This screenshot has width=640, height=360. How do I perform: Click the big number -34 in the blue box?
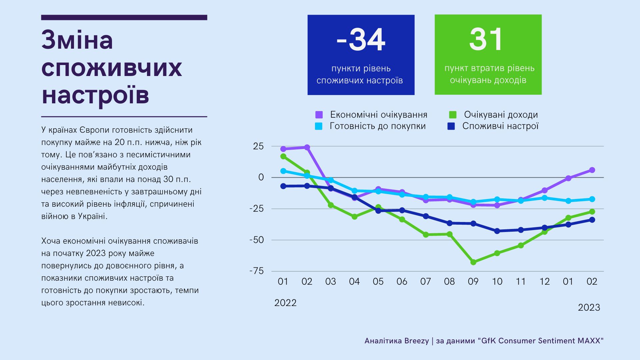click(361, 40)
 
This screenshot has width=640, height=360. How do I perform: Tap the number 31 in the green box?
click(486, 40)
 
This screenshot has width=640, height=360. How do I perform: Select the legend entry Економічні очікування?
click(378, 115)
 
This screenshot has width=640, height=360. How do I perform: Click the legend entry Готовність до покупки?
click(377, 126)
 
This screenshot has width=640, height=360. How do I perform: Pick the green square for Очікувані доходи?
click(452, 115)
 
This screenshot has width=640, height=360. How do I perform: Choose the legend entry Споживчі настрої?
click(500, 126)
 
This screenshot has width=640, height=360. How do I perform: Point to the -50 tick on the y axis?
click(257, 240)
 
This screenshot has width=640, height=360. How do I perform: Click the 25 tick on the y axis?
click(258, 146)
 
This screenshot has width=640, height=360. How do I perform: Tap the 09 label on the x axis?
click(473, 282)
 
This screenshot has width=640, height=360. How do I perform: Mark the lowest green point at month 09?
click(473, 262)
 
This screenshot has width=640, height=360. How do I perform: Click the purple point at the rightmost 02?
click(592, 170)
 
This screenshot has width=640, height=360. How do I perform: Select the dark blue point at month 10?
click(497, 231)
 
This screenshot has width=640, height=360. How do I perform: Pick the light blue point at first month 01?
click(283, 171)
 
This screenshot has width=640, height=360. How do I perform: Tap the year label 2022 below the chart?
click(285, 303)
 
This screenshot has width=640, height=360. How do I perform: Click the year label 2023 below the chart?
click(589, 307)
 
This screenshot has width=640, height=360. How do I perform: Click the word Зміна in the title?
click(77, 40)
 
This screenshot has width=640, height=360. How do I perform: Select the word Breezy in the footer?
click(416, 341)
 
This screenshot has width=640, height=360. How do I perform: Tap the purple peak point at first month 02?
click(307, 147)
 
